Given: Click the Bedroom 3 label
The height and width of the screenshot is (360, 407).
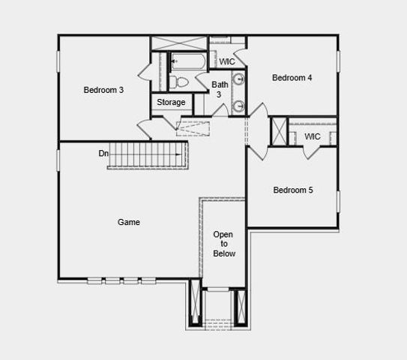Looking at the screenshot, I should (103, 90).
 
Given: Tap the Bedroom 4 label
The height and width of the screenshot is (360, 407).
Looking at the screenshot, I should (292, 78).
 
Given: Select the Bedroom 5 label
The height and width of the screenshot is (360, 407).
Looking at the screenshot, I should (292, 190).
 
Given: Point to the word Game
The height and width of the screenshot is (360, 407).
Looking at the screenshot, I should (129, 222).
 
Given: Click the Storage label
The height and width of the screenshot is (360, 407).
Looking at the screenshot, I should (171, 103).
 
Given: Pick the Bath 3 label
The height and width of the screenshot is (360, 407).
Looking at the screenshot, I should (220, 89).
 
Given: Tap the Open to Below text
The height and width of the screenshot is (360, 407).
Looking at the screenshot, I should (223, 244).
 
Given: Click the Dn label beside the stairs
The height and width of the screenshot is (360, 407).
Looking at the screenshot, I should (103, 154).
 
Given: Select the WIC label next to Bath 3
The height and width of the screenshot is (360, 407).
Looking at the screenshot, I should (227, 61).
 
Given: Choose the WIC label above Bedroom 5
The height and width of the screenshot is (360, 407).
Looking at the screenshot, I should (313, 136).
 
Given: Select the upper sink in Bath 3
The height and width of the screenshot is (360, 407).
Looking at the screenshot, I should (238, 79).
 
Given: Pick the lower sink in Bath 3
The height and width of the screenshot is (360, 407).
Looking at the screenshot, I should (238, 106).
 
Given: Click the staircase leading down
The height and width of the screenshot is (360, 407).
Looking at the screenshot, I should (147, 154).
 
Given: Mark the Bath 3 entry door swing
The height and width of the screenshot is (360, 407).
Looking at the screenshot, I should (220, 111).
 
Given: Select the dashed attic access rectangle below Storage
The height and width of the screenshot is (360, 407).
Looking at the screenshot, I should (193, 127).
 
